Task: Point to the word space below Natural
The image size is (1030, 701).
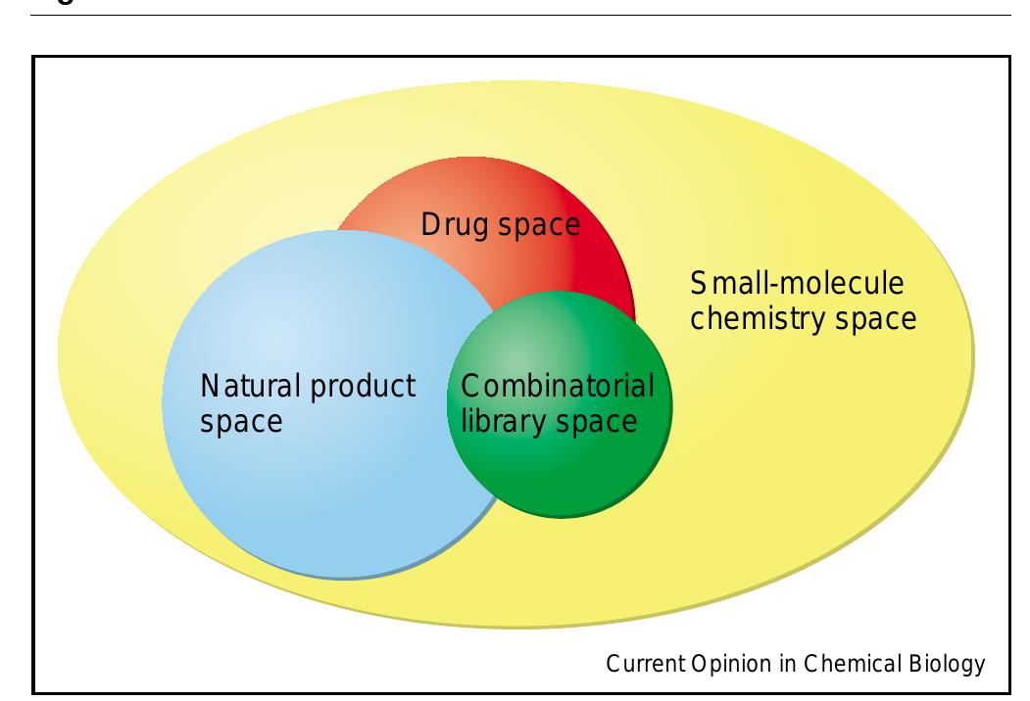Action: tap(241, 422)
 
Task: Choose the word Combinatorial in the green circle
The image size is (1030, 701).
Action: tap(551, 386)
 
